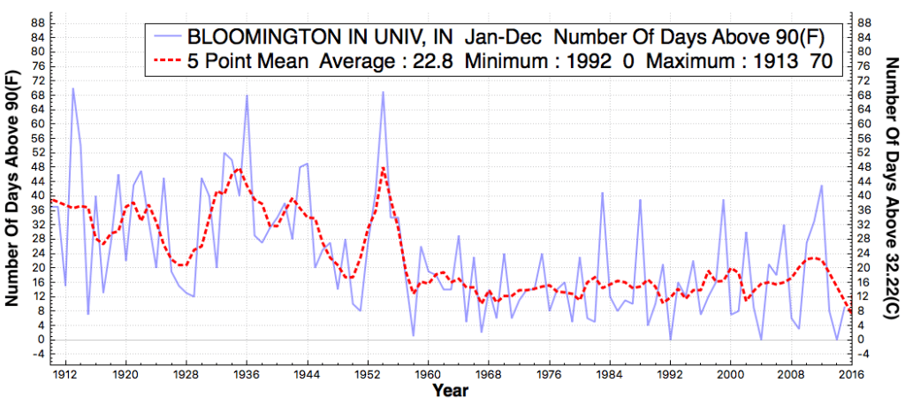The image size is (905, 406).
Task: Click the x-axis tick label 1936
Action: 247,374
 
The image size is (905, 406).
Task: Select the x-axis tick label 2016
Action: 849,374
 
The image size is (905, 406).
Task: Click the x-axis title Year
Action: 452,390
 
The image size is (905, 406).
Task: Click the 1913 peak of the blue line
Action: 72,88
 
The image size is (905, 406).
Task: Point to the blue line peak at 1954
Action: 383,91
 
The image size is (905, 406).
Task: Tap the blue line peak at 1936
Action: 247,95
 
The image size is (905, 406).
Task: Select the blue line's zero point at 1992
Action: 670,340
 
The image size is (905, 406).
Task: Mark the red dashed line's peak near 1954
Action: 383,167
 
